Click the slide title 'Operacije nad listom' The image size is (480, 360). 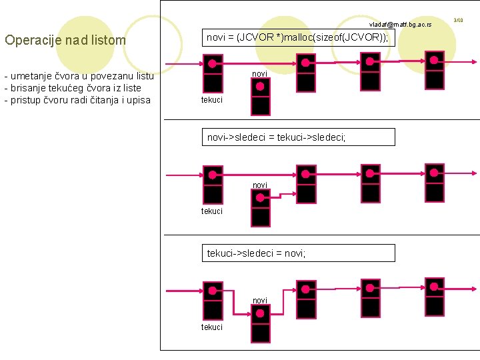(65, 40)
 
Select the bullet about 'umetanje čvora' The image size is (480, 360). (79, 75)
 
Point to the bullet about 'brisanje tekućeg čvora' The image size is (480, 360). (73, 88)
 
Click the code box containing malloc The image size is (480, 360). (298, 37)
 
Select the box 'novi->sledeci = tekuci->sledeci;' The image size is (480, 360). (298, 137)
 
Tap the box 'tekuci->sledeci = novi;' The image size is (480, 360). (298, 253)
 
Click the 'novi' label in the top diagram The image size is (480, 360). (259, 73)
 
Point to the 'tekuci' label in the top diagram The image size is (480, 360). (212, 100)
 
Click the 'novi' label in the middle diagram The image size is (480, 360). (259, 185)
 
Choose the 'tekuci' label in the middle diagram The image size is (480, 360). (212, 211)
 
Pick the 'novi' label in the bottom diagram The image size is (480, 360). (259, 301)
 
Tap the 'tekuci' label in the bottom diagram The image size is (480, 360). (212, 327)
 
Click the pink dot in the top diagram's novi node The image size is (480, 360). (260, 87)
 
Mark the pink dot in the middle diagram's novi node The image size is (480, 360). (260, 198)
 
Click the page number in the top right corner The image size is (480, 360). (458, 21)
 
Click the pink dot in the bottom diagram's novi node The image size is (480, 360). (260, 314)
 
